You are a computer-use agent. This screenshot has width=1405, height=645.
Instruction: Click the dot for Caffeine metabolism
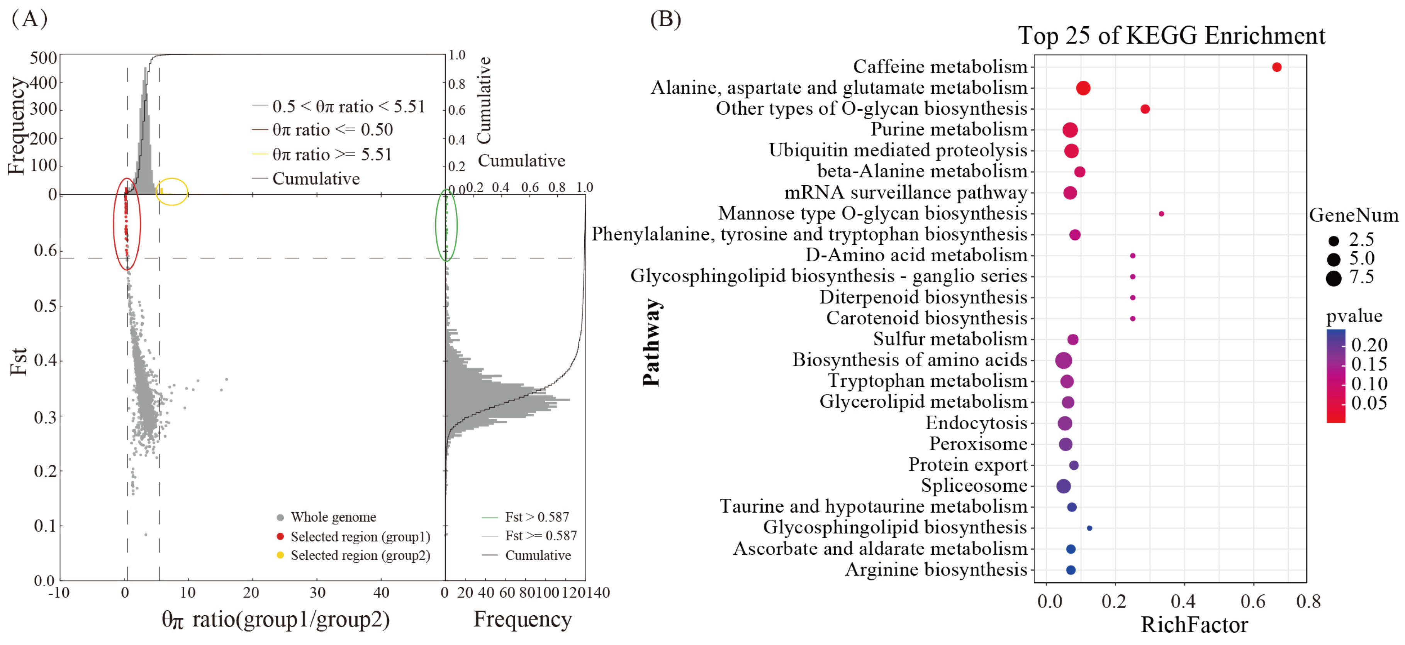click(x=1276, y=67)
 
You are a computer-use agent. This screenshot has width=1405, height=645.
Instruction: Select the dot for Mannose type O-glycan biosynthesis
click(x=1161, y=214)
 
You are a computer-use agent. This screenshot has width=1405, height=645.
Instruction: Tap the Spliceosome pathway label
click(x=974, y=485)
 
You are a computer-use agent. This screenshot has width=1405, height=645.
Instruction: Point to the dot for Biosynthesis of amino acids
click(x=1063, y=361)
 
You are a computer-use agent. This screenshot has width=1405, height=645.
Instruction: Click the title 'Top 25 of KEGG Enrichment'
click(x=1172, y=36)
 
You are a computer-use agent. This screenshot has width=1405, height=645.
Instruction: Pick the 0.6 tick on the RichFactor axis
click(x=1253, y=601)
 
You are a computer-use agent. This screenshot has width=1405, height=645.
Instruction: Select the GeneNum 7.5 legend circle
click(x=1334, y=278)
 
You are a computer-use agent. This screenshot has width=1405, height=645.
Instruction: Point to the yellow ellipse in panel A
click(x=172, y=191)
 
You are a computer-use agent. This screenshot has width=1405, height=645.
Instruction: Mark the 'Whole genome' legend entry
click(x=333, y=517)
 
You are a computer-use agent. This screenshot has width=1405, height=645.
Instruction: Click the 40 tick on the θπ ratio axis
click(x=381, y=593)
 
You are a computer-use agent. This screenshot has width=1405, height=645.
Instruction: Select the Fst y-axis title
click(x=19, y=361)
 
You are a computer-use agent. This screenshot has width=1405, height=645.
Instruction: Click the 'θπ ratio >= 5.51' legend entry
click(x=332, y=154)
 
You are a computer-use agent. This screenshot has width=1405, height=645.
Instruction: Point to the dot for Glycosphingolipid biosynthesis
click(x=1089, y=528)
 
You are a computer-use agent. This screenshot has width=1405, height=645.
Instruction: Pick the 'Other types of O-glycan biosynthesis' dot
click(x=1145, y=109)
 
